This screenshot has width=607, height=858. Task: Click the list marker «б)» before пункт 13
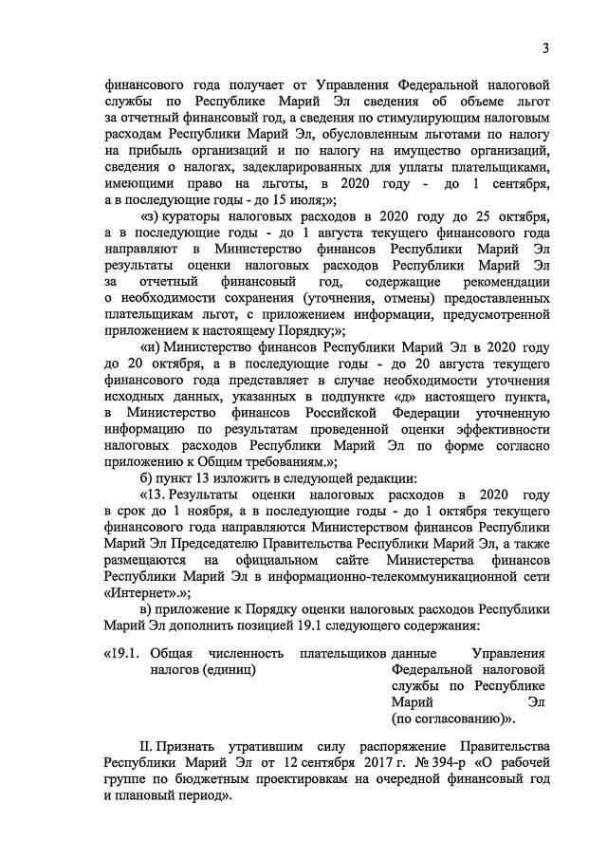pos(147,476)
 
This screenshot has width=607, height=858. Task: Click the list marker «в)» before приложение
pos(147,607)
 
